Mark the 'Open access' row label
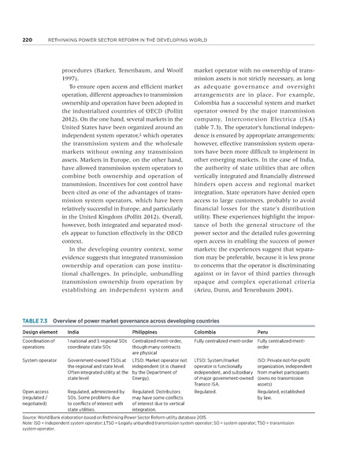[x=36, y=389]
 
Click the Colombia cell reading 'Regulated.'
[x=206, y=389]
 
